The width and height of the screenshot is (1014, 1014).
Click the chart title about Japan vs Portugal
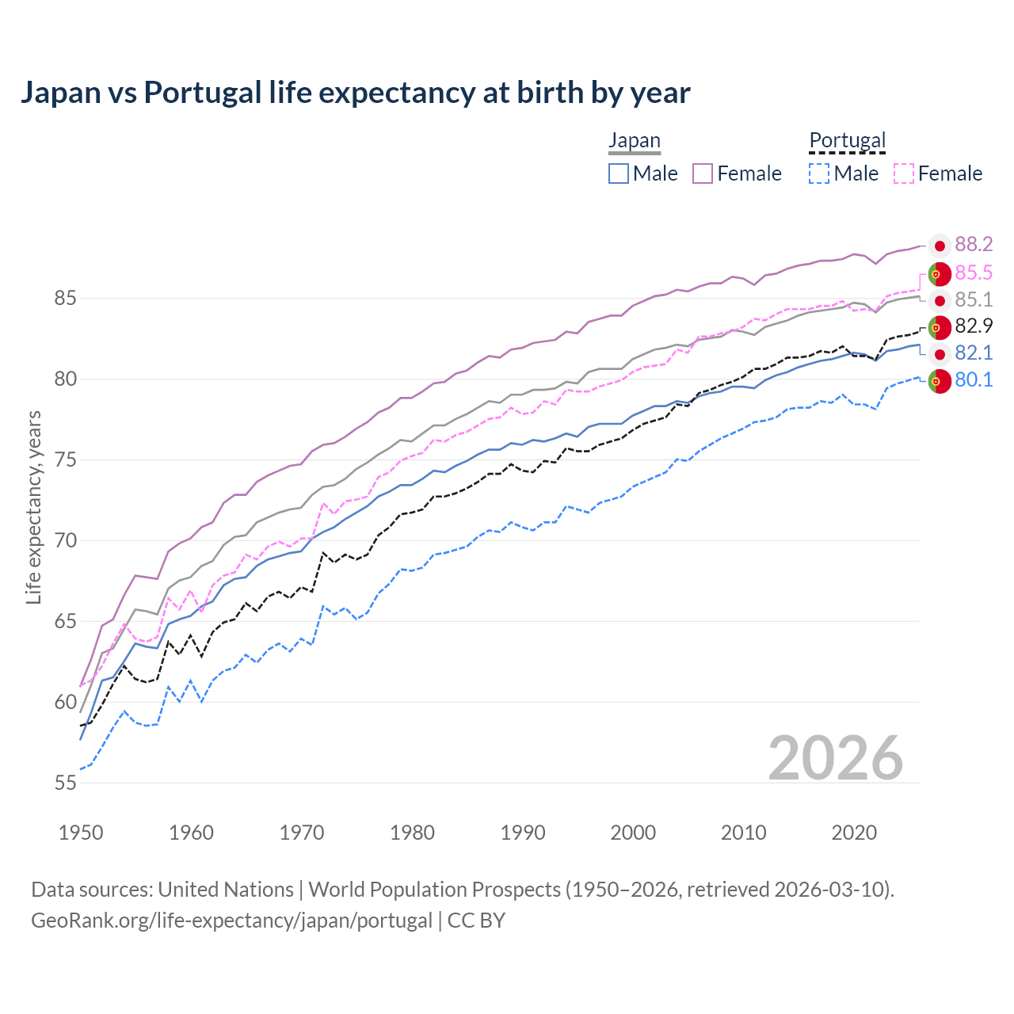[x=355, y=93]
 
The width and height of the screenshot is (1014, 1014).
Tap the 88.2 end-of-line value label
[x=974, y=245]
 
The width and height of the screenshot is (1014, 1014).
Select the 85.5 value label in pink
[x=974, y=273]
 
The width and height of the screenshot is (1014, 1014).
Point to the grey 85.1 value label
[x=974, y=299]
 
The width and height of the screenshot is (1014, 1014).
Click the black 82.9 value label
[x=974, y=326]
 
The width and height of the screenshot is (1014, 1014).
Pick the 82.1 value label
[x=974, y=353]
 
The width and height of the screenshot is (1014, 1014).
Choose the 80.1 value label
[x=974, y=380]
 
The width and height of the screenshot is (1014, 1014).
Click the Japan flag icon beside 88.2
[x=940, y=246]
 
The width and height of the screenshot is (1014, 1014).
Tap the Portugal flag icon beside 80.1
[x=940, y=381]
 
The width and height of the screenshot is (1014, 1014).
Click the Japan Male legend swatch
[x=619, y=173]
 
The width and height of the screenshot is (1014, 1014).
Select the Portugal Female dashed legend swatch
[x=904, y=173]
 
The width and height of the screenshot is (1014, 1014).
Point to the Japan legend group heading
[x=634, y=141]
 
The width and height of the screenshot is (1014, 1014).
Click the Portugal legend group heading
[x=847, y=141]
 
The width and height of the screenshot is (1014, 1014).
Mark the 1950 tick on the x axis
[x=81, y=833]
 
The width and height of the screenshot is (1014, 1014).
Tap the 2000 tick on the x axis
[x=633, y=833]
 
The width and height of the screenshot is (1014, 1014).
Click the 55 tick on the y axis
[x=66, y=783]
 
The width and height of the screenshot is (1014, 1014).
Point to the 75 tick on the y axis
[x=66, y=460]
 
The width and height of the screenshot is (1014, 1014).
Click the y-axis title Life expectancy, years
[x=34, y=507]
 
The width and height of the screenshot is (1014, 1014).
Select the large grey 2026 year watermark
[x=835, y=758]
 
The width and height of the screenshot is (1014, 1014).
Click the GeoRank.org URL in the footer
[x=231, y=921]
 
